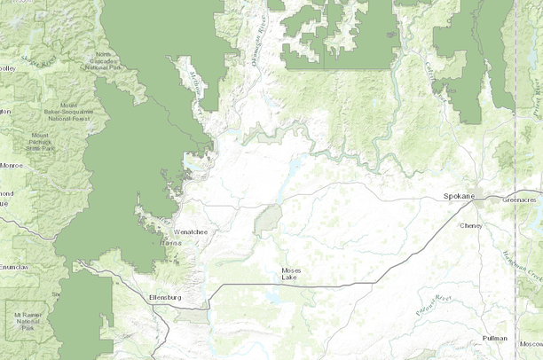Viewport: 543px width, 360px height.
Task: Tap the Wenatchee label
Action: pos(190,232)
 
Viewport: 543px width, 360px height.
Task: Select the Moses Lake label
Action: pos(290,273)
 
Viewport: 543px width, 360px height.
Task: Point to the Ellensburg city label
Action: pos(165,297)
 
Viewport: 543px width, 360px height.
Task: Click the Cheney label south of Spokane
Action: pos(470,225)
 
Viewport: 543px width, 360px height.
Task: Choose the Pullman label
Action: pos(495,338)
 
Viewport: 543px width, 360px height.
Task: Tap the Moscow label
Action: pos(531,343)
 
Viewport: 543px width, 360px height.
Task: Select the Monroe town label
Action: pos(12,165)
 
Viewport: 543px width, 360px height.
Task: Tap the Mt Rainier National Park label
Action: pos(28,320)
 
